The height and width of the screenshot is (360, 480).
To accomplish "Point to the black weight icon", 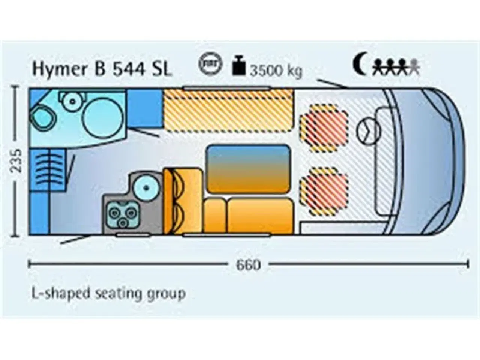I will tap(239, 66).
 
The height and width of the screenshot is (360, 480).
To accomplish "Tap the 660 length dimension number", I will tap(248, 264).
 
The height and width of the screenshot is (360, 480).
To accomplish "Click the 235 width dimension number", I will tap(16, 161).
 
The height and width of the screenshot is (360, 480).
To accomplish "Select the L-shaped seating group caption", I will tap(108, 292).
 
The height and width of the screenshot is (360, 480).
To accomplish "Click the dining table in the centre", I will tap(248, 168).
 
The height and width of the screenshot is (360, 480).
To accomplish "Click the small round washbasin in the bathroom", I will tap(70, 100).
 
